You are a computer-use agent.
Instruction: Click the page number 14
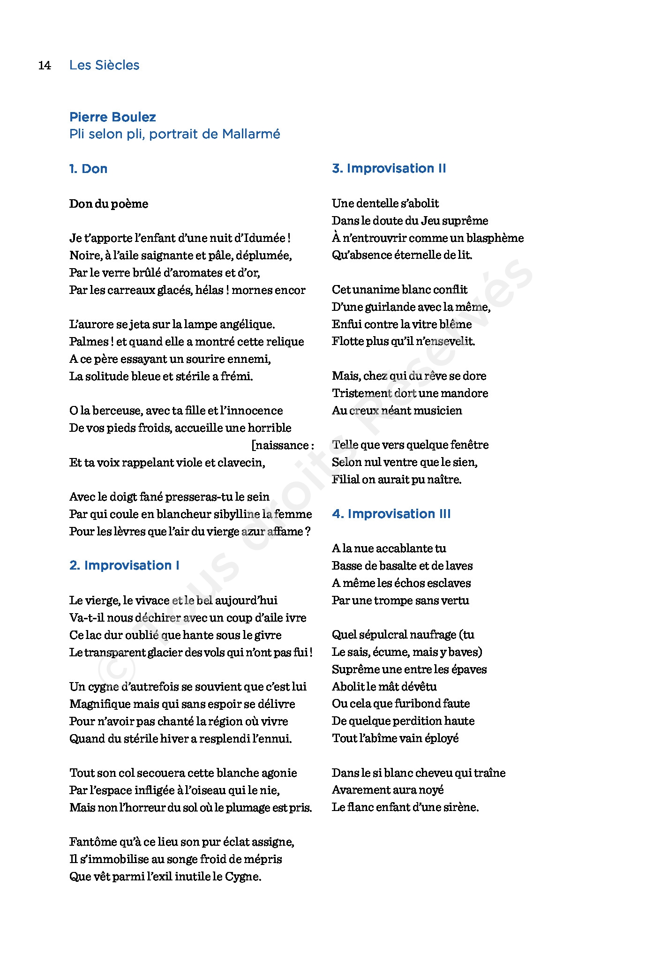45,65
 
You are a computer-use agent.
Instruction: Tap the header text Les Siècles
104,65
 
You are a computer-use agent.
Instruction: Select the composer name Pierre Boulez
113,117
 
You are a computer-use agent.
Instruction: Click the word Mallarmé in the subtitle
251,134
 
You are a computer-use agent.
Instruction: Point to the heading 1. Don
88,169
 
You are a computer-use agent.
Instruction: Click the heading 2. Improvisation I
124,565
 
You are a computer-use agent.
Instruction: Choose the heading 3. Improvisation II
389,168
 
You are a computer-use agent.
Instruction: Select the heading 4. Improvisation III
391,514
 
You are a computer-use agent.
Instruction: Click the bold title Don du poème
109,204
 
